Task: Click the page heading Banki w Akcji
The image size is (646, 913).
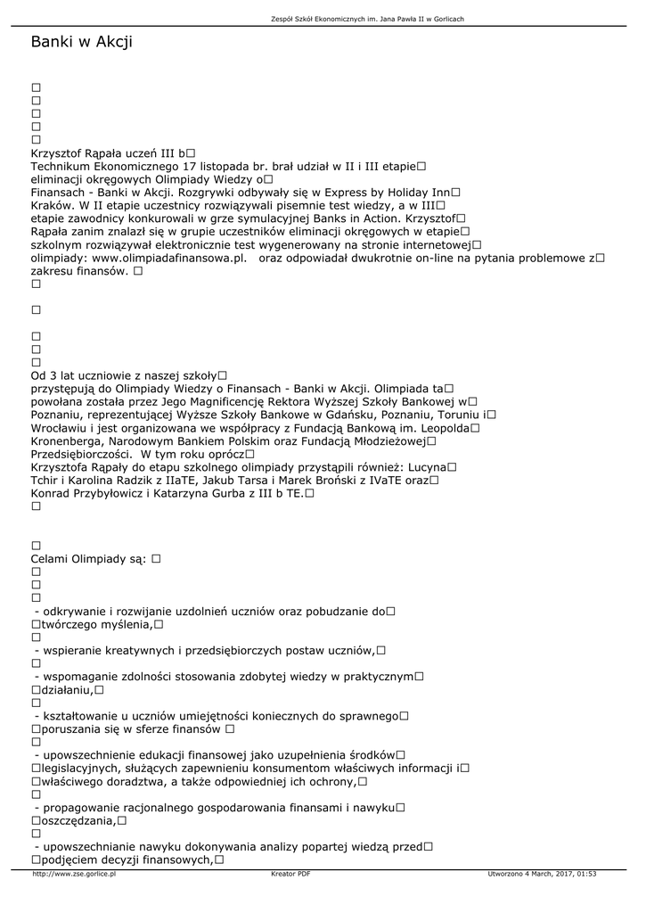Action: [x=81, y=42]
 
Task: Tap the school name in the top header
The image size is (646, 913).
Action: [x=366, y=19]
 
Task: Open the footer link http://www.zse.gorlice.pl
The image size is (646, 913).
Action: [x=74, y=874]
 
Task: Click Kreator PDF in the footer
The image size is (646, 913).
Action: [x=290, y=874]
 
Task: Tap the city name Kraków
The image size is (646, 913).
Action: [x=53, y=205]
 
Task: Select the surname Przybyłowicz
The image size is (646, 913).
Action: [x=122, y=492]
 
